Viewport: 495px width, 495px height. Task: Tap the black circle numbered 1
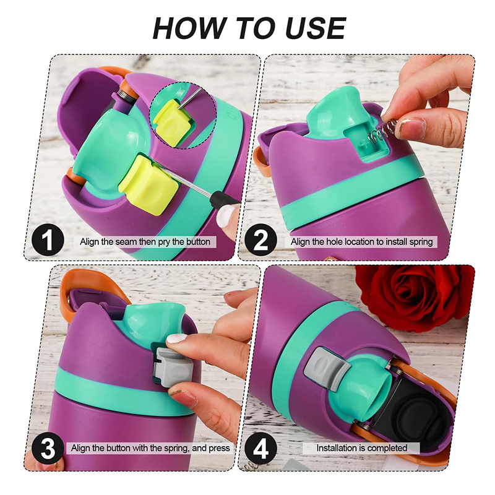coord(48,240)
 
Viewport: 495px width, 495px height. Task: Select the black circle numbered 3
coord(48,448)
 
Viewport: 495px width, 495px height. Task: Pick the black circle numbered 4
coord(260,448)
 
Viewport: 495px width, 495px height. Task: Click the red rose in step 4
coord(414,297)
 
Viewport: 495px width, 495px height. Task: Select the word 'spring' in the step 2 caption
coord(421,242)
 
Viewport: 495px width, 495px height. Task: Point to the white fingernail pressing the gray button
coord(177,338)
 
